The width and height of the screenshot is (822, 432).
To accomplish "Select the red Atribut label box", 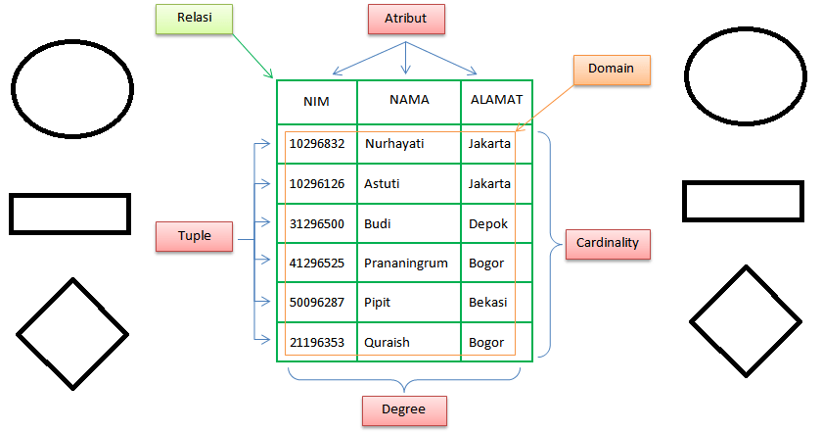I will click(405, 19).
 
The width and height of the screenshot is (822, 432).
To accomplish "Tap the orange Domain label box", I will click(612, 69).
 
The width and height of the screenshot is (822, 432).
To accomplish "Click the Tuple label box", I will click(195, 236).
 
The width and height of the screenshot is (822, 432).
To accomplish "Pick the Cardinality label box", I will click(608, 243).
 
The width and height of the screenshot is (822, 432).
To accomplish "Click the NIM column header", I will click(316, 101).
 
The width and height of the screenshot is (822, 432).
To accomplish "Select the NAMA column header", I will click(409, 100).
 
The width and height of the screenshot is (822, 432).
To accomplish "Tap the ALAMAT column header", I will click(496, 100).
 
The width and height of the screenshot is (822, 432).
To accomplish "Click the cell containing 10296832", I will click(316, 144).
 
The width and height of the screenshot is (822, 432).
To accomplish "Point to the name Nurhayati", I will click(394, 144).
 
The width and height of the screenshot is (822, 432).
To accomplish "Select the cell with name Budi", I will click(378, 223).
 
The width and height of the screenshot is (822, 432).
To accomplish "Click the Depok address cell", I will click(488, 223).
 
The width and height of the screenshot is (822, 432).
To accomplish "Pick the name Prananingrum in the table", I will click(406, 263).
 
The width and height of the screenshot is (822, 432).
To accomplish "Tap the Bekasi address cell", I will click(488, 303).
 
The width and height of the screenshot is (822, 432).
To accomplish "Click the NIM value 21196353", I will click(316, 342).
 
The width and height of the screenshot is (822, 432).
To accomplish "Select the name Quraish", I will click(388, 342).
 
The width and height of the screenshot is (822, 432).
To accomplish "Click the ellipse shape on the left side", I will click(69, 83).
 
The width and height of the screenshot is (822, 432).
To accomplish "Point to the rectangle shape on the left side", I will click(69, 214).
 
